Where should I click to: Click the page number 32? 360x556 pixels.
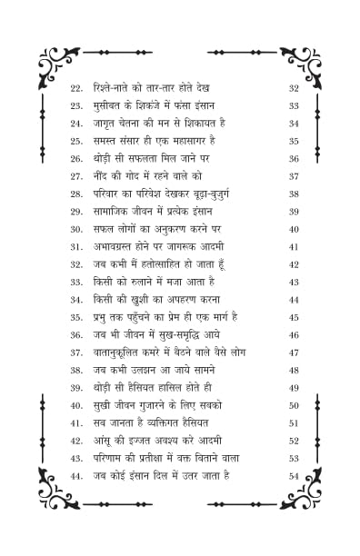(294, 88)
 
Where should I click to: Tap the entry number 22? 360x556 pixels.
(76, 88)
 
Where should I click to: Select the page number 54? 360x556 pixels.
(294, 475)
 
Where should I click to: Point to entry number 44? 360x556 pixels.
(76, 475)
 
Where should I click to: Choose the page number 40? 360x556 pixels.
(294, 229)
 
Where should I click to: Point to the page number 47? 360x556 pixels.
(294, 352)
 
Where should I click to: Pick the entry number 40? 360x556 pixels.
(76, 405)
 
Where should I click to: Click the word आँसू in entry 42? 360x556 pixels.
(104, 441)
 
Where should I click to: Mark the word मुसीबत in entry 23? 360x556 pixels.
(111, 105)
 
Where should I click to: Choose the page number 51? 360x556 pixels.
(294, 422)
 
